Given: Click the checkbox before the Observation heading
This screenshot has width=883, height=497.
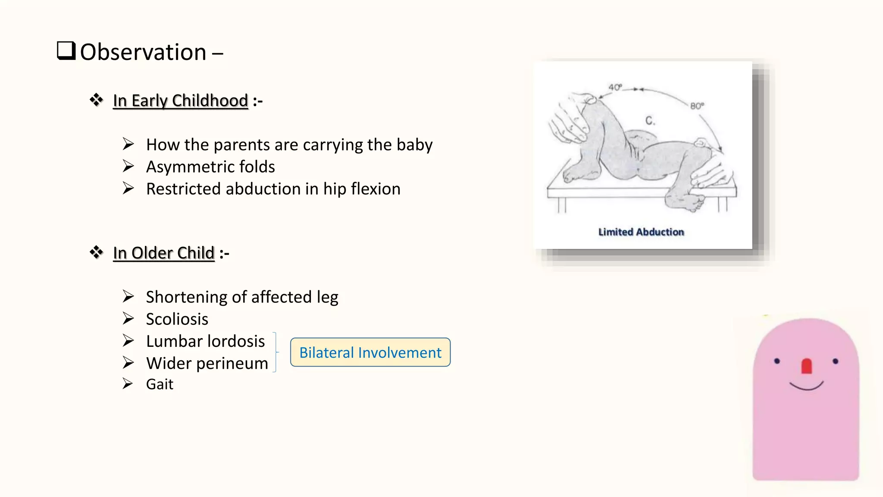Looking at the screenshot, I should (x=66, y=51).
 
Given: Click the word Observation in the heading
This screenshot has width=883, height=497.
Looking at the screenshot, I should (x=143, y=52).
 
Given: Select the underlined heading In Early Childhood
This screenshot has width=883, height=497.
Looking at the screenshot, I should (x=180, y=101).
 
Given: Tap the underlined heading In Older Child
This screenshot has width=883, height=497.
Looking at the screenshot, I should (x=164, y=253).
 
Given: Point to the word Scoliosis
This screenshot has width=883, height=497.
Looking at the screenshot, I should (x=177, y=319).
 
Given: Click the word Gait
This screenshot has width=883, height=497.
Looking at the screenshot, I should (x=160, y=384).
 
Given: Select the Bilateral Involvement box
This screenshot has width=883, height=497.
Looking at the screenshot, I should (x=370, y=352).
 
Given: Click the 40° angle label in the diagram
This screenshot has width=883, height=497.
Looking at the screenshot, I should (x=615, y=87).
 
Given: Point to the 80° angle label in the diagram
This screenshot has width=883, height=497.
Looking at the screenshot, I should (x=697, y=106).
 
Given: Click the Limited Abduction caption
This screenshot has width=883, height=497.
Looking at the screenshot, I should (x=641, y=232).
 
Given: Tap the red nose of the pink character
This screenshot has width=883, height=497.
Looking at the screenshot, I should (x=806, y=366).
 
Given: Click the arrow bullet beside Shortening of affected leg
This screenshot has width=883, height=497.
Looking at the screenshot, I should (x=128, y=296).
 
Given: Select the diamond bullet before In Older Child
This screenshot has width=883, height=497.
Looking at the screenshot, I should (x=97, y=252).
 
